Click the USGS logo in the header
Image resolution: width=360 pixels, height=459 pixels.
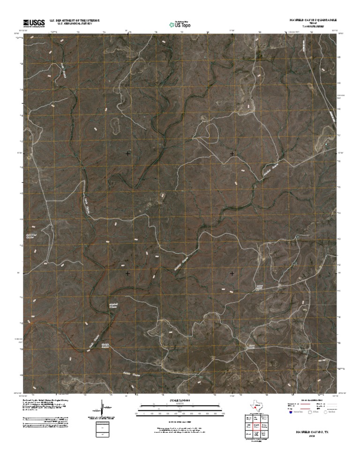tap(33, 23)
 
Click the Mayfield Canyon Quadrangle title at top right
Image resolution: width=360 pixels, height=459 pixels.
tap(312, 21)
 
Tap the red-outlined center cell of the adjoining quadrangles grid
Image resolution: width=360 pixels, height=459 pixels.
tap(256, 426)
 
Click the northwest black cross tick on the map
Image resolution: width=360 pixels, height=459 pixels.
tap(128, 153)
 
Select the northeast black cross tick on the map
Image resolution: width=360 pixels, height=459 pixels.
tap(232, 153)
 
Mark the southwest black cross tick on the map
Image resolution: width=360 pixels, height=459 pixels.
tap(128, 273)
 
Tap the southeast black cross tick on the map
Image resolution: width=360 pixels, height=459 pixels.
tap(232, 273)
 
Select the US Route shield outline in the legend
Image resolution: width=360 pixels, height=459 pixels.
tap(309, 413)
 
